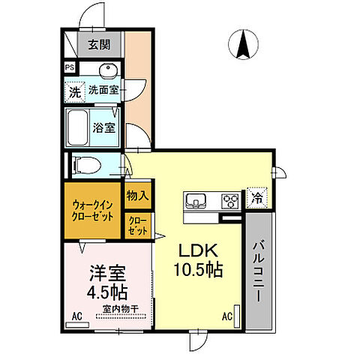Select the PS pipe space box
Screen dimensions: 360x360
(x=70, y=67)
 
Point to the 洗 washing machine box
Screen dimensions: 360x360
(x=74, y=92)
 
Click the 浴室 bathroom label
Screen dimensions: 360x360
(x=103, y=127)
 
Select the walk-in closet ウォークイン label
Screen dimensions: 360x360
(x=94, y=203)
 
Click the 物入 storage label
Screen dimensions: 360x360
(x=137, y=196)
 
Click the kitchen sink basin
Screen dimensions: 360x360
(x=196, y=200)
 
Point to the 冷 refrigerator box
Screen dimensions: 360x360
(x=256, y=199)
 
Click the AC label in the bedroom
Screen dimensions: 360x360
(x=76, y=316)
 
